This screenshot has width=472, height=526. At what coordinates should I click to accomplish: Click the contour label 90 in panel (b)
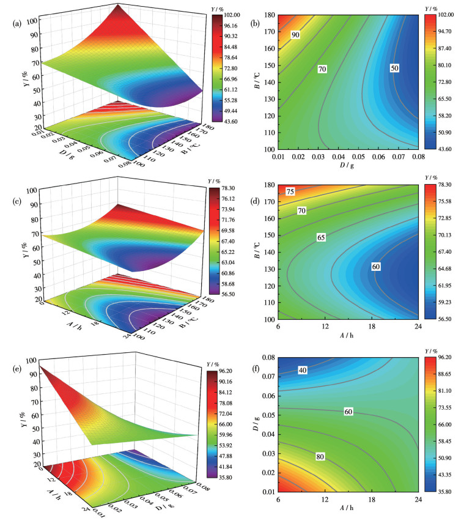coord(295,35)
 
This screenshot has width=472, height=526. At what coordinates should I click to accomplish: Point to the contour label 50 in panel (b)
coord(394,69)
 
